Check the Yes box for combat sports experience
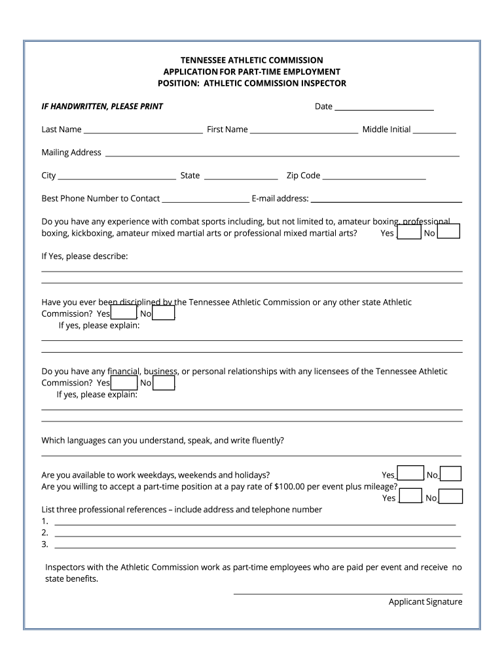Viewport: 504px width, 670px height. (x=409, y=232)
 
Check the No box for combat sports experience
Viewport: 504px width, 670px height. (x=448, y=232)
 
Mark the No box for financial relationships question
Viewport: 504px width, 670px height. (x=164, y=382)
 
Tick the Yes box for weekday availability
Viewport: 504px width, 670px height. (x=410, y=474)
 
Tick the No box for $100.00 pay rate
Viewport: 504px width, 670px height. (x=451, y=497)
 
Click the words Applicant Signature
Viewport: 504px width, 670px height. (x=425, y=602)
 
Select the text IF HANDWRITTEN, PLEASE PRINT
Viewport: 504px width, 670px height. (x=102, y=106)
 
